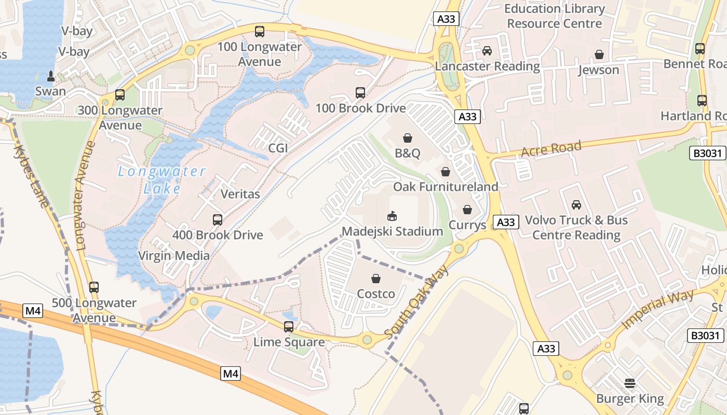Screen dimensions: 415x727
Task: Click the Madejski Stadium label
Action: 392,231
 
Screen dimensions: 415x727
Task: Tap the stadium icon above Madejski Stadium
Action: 392,216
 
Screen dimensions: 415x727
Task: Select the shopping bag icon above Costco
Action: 376,279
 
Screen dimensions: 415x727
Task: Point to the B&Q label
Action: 407,154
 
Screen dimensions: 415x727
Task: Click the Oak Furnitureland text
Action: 445,187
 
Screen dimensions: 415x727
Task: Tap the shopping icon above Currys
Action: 467,210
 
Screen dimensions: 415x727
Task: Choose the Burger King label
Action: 630,399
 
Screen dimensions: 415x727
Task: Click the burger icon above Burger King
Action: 630,384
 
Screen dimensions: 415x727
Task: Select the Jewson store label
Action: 599,70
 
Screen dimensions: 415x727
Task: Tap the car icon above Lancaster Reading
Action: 487,51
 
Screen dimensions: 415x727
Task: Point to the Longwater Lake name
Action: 161,179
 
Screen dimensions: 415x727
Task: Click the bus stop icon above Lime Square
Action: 289,327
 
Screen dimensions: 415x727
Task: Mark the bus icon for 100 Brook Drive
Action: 360,93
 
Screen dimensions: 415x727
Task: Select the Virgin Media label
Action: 174,256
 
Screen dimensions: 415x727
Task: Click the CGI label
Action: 278,148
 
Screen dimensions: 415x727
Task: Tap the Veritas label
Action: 240,194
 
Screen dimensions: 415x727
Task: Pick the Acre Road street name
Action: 551,149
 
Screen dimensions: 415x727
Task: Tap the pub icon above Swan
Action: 51,76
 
